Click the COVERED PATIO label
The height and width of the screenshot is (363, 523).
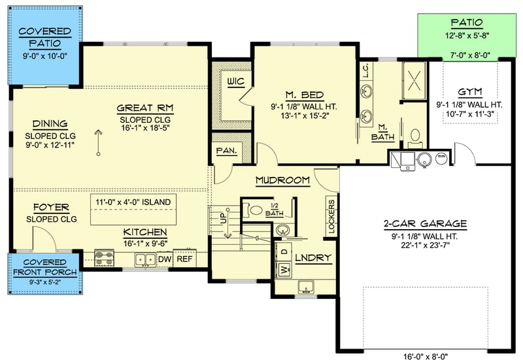44,37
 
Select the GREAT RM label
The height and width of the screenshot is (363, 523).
144,108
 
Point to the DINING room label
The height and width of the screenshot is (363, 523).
50,124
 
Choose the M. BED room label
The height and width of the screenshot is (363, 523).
305,95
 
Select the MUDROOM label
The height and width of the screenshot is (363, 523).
282,180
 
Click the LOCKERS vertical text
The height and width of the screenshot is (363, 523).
331,216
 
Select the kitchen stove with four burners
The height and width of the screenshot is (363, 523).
105,259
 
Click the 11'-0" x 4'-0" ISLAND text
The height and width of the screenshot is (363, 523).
133,202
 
